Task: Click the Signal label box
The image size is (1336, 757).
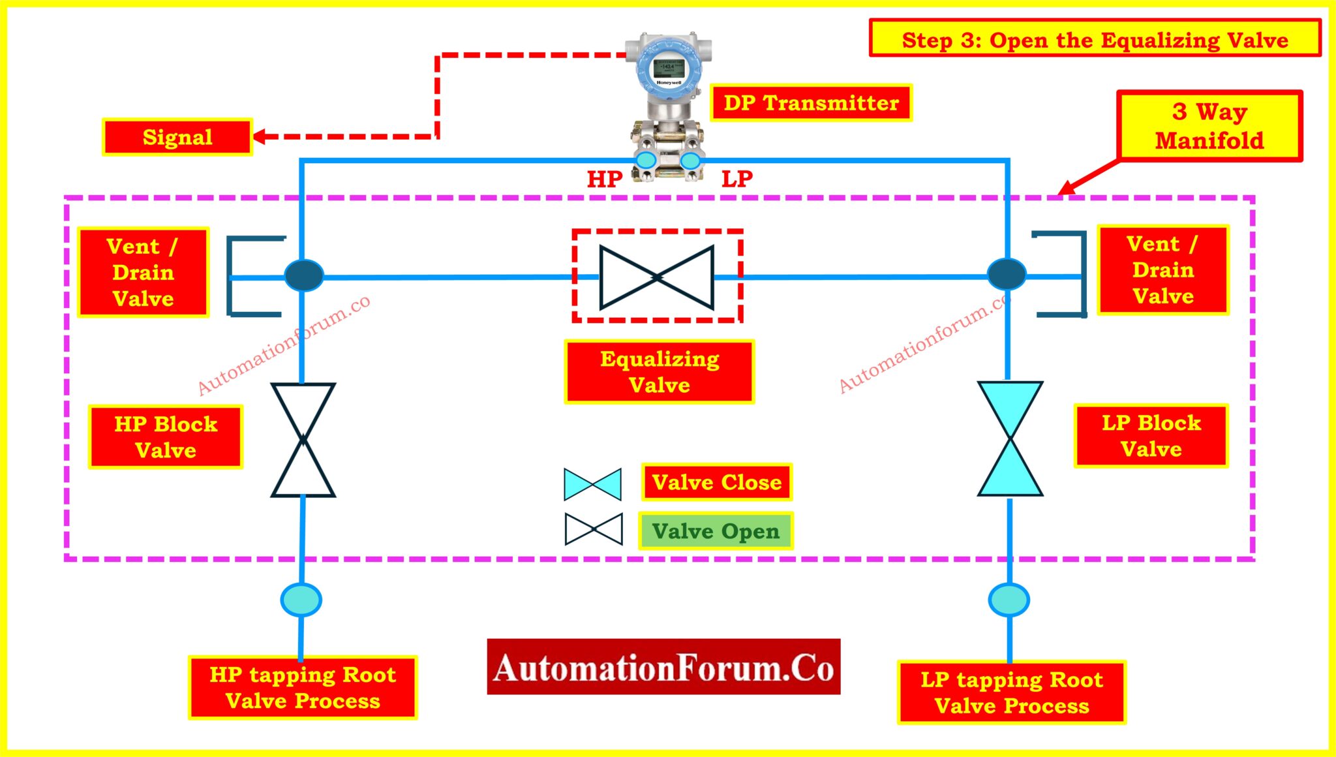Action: click(177, 137)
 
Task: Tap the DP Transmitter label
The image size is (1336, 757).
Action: click(811, 102)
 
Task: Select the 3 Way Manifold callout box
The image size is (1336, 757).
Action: click(1209, 126)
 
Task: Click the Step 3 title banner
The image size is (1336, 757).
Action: click(1095, 39)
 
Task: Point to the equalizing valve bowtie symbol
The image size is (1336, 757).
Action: click(656, 277)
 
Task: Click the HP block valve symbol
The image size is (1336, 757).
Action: click(303, 440)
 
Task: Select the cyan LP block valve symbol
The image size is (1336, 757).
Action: click(1010, 439)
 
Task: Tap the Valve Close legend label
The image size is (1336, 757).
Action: click(716, 482)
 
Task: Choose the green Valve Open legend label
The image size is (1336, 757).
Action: click(716, 531)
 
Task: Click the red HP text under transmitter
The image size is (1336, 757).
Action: click(605, 179)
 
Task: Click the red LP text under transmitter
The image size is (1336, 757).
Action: click(737, 179)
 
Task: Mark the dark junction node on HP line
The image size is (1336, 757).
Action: click(304, 275)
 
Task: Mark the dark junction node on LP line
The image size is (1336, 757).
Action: click(1007, 274)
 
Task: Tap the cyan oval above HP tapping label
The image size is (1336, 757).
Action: click(301, 600)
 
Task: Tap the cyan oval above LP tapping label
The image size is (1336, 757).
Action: click(1009, 600)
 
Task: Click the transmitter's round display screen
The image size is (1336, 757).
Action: click(667, 69)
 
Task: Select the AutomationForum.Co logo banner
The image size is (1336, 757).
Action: click(663, 667)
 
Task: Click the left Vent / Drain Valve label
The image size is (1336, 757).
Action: click(143, 272)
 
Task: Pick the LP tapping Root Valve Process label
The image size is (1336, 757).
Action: click(1011, 692)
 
